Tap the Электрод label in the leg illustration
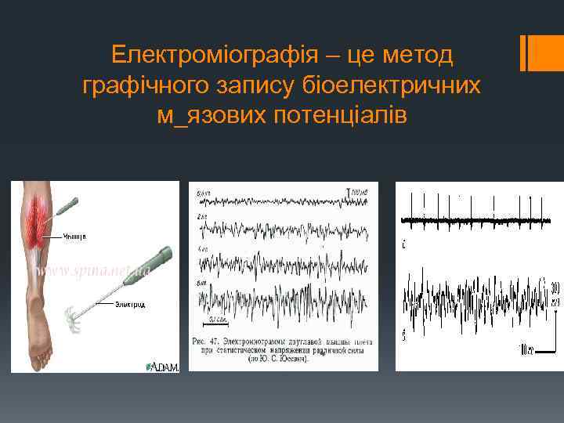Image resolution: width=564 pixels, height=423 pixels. (129, 304)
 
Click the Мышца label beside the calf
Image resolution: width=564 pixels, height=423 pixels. (76, 235)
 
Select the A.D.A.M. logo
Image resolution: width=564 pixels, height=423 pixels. (163, 366)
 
